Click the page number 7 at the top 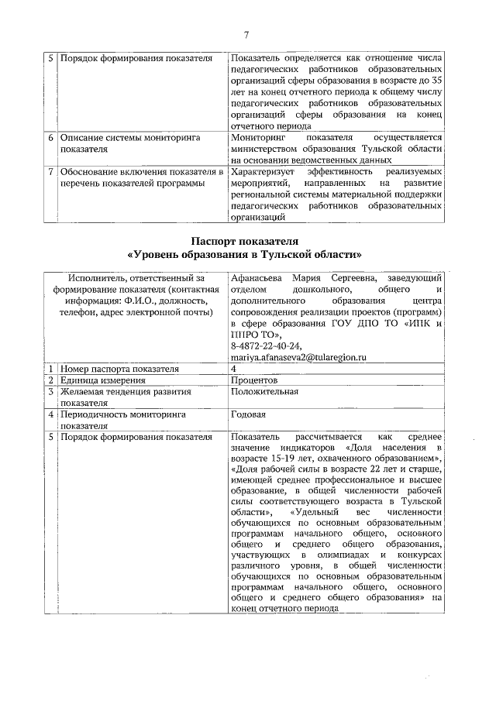246,34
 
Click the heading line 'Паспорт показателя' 245,241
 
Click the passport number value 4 233,369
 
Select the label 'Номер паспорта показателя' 120,369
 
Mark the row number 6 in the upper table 50,137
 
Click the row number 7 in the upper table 50,171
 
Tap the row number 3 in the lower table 50,392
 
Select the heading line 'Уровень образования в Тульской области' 245,254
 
